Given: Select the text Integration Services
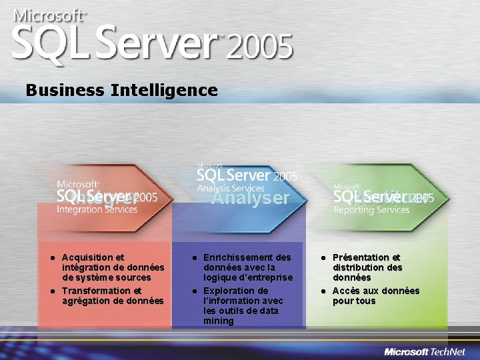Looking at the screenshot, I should [x=97, y=209].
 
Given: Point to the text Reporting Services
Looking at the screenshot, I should [x=371, y=210].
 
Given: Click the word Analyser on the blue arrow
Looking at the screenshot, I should [x=251, y=198].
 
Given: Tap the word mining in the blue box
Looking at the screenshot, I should [x=219, y=321].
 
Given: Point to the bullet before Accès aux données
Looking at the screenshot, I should [x=321, y=291].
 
